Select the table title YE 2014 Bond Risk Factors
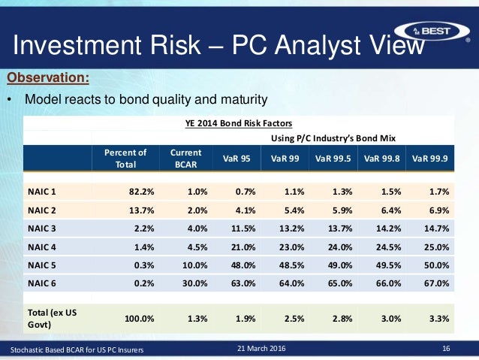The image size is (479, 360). (x=239, y=123)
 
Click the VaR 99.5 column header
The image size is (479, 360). (x=332, y=158)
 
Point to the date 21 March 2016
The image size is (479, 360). (x=261, y=349)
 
